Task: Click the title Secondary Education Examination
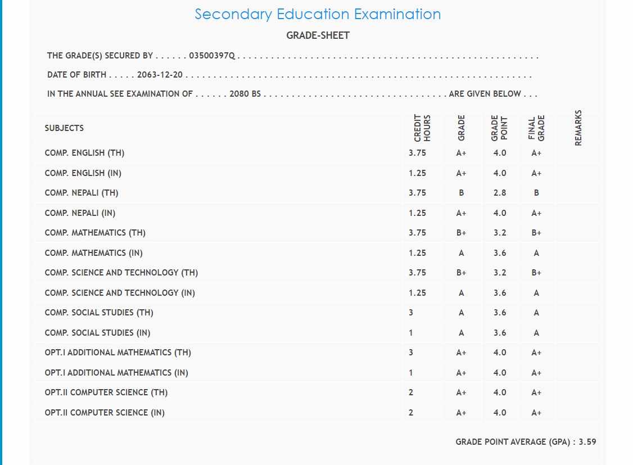point(318,14)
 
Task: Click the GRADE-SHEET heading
point(318,35)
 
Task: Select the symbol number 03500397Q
point(212,56)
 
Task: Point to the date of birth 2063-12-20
point(160,75)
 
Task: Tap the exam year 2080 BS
point(245,94)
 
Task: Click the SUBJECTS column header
point(64,128)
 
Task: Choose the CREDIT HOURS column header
point(422,128)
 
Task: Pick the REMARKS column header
point(578,128)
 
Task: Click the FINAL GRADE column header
point(537,128)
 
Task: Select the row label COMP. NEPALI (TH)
point(82,193)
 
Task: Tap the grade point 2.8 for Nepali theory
point(500,193)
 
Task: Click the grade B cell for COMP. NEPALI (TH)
point(462,193)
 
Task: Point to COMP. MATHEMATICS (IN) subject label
point(94,253)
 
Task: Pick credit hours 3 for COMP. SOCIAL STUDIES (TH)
point(411,313)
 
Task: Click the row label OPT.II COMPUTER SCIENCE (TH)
point(106,392)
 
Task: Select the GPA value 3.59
point(587,442)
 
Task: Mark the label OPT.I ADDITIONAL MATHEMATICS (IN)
point(116,373)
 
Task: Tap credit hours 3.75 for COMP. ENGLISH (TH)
point(417,153)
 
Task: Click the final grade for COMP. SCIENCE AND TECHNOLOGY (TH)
point(536,273)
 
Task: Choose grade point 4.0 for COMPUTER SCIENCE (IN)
point(500,413)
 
